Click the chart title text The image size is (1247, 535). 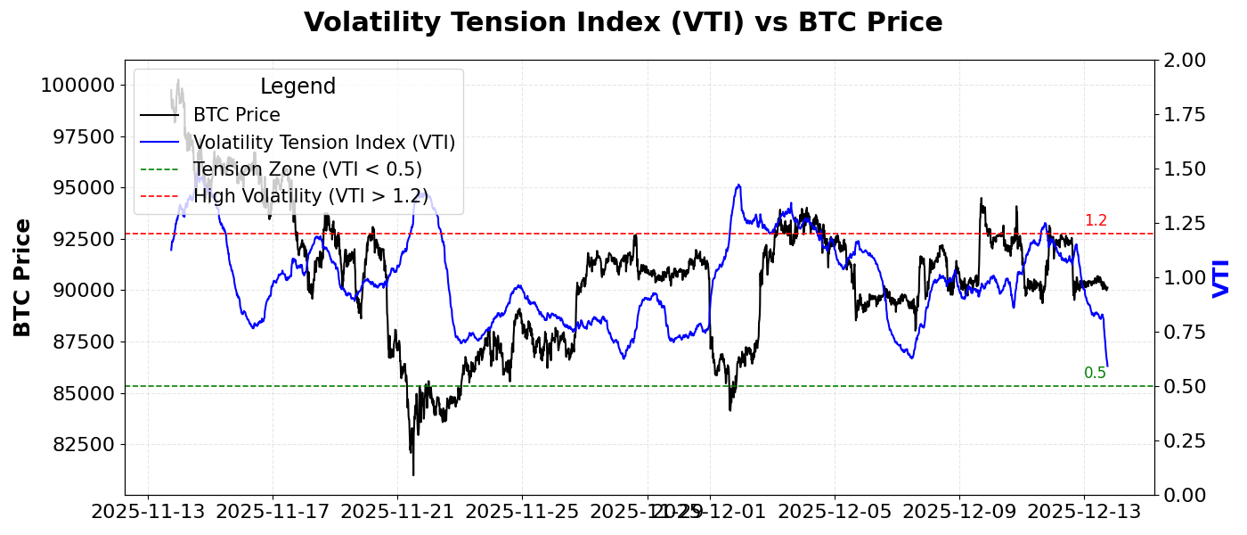pyautogui.click(x=623, y=22)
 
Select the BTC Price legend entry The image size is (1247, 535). pyautogui.click(x=236, y=115)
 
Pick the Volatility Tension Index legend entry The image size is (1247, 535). pyautogui.click(x=323, y=143)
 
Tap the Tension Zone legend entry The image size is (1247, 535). pyautogui.click(x=307, y=169)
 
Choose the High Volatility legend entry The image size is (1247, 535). pyautogui.click(x=310, y=196)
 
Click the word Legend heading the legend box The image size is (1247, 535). pyautogui.click(x=297, y=86)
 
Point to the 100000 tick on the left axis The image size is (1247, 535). pyautogui.click(x=77, y=86)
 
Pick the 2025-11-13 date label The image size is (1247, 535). pyautogui.click(x=148, y=513)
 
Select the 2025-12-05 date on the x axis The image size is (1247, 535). pyautogui.click(x=835, y=513)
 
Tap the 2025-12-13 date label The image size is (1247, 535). pyautogui.click(x=1084, y=513)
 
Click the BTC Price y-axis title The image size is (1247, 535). pyautogui.click(x=23, y=277)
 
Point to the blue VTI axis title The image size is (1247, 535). pyautogui.click(x=1221, y=277)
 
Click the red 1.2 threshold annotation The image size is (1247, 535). pyautogui.click(x=1096, y=221)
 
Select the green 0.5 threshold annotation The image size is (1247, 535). pyautogui.click(x=1096, y=374)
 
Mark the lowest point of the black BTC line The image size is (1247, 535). pyautogui.click(x=413, y=474)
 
